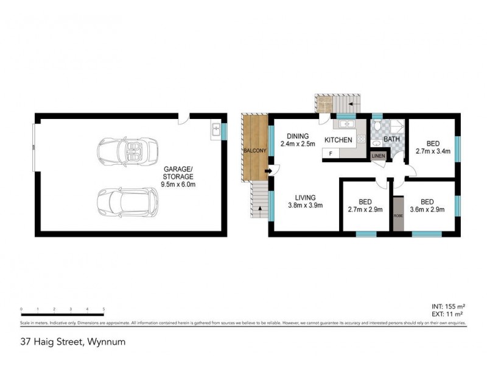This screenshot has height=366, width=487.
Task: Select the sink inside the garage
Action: tap(215, 129)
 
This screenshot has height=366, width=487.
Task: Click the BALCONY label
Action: tap(253, 150)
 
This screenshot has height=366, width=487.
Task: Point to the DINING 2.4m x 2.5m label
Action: tap(297, 140)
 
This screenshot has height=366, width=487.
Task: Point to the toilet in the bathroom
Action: tap(377, 126)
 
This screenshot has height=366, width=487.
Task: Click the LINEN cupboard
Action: tap(379, 157)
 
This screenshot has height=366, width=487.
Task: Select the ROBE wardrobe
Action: tap(398, 214)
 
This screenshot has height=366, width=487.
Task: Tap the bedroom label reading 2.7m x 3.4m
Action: tap(432, 148)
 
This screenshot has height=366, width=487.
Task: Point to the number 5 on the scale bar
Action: tap(104, 309)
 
